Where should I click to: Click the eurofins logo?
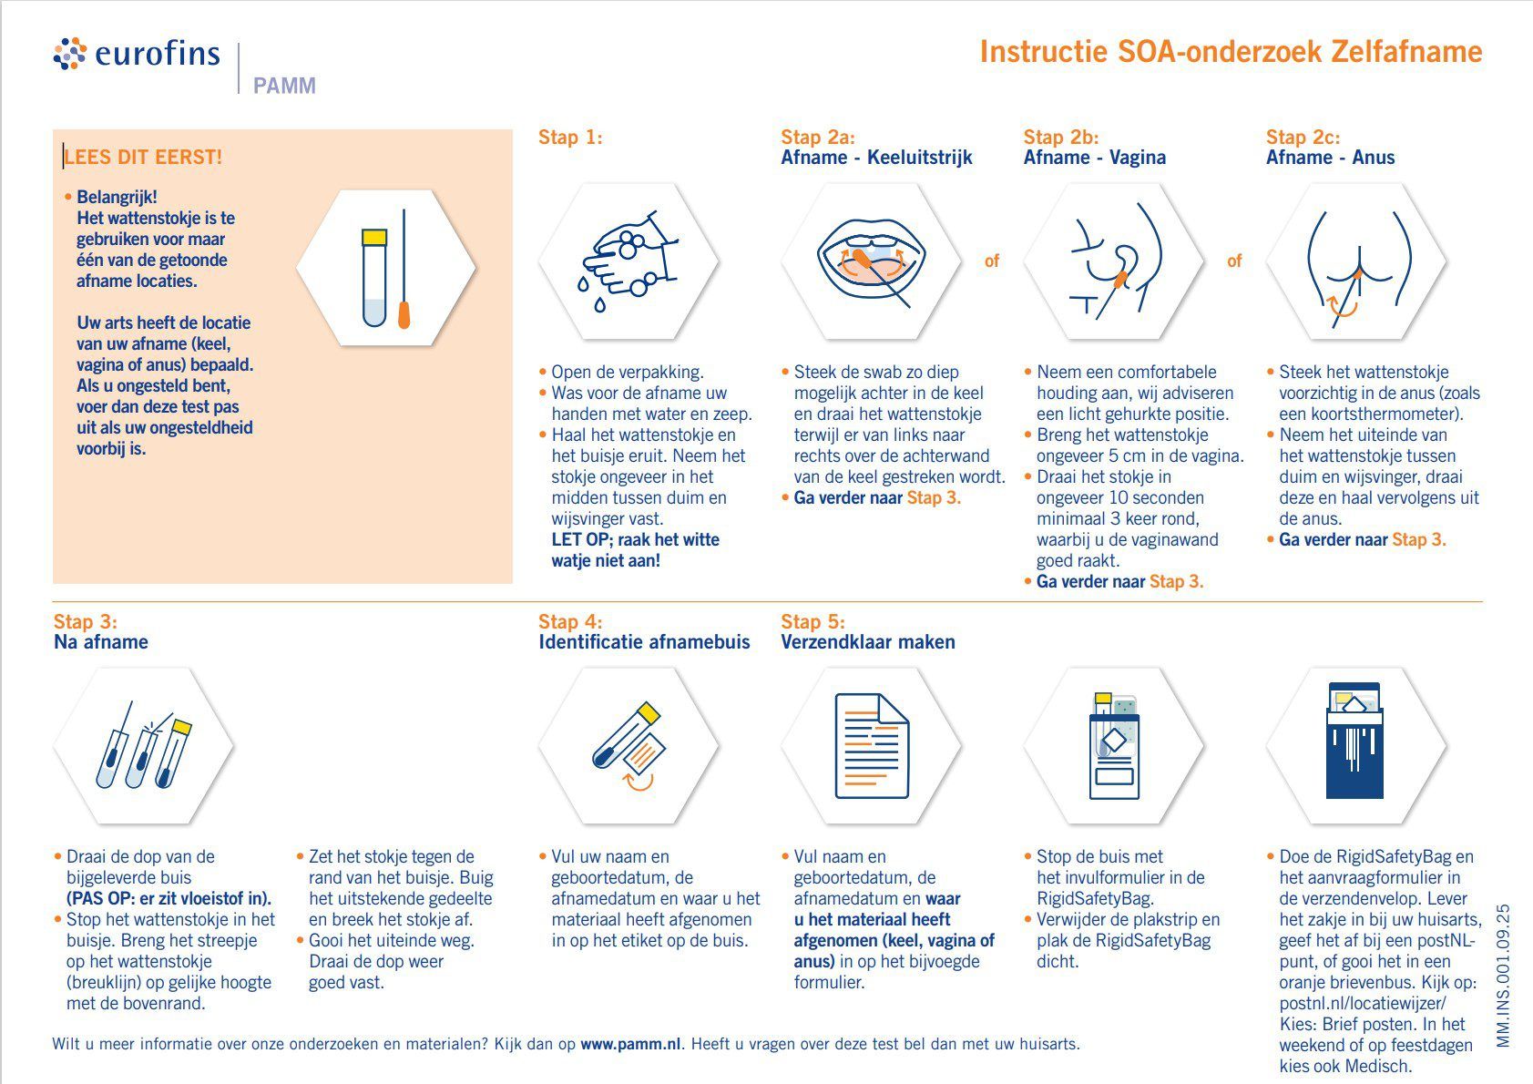pos(137,54)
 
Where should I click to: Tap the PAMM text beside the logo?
pos(284,86)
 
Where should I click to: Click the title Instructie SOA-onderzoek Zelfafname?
pos(1231,51)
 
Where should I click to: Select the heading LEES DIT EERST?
pos(143,157)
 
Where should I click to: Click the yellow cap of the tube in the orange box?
pos(374,237)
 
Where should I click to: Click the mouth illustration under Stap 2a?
pos(872,261)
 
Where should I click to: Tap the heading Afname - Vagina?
pos(1094,157)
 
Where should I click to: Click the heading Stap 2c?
pos(1303,137)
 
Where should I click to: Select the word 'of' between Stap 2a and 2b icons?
pos(992,261)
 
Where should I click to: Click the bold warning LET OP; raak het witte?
pos(635,539)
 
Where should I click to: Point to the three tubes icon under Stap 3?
pos(144,747)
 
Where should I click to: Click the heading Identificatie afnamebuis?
pos(644,641)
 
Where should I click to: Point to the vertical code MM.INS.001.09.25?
pos(1504,975)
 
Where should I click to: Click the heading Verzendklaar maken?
pos(867,641)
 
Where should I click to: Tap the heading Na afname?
pos(100,641)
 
